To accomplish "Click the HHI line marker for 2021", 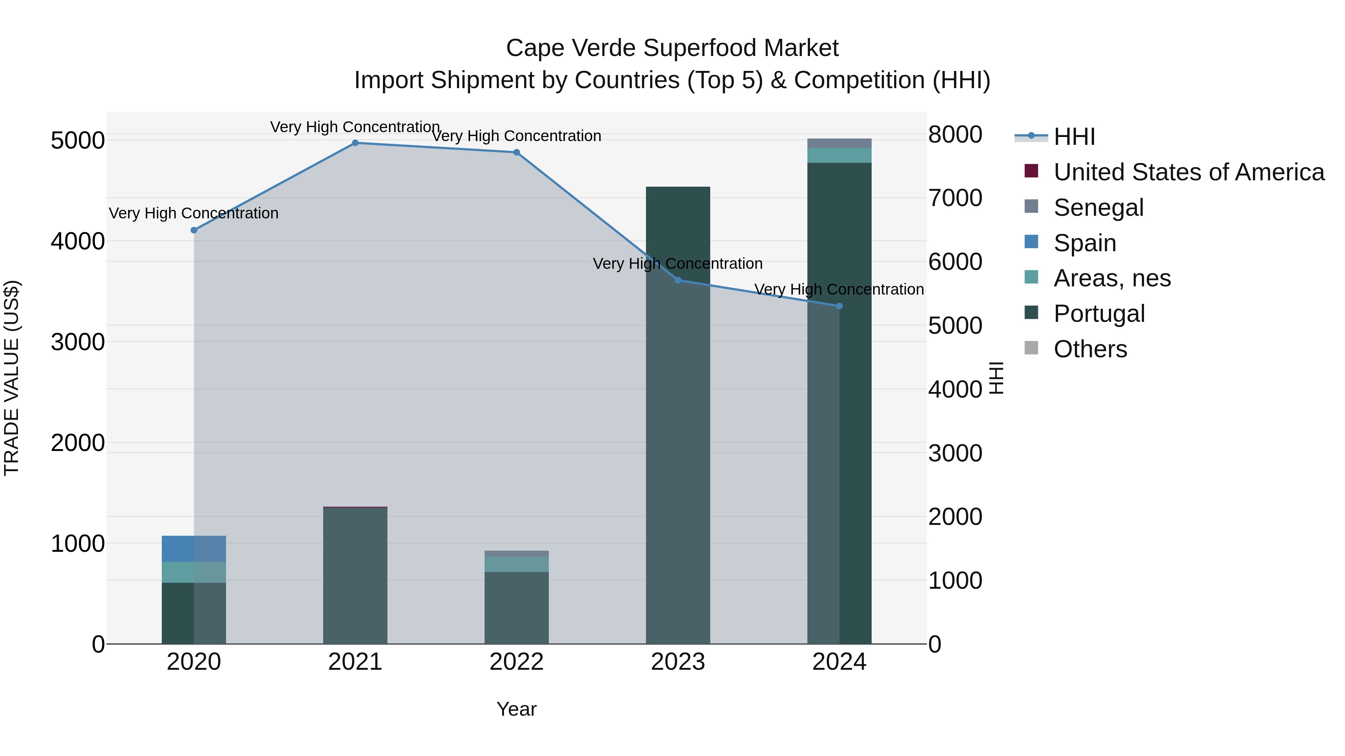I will (355, 143).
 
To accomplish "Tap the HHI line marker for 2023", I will (678, 280).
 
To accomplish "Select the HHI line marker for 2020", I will (194, 230).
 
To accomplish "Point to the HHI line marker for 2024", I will (839, 306).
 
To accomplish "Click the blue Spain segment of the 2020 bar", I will (194, 549).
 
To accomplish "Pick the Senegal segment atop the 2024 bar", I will (839, 143).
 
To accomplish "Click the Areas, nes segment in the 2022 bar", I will (516, 564).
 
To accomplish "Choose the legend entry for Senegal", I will (1098, 208).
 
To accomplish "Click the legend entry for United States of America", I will (1188, 172).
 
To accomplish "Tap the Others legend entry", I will (1090, 349).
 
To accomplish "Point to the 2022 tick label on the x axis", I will (516, 662).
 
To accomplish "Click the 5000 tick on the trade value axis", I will (77, 140).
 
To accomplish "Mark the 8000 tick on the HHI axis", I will (955, 135).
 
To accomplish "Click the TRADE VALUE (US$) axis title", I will (12, 378).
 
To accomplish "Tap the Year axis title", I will (516, 709).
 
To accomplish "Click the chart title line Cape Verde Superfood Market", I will (672, 48).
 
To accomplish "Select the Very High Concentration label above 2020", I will (194, 214).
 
